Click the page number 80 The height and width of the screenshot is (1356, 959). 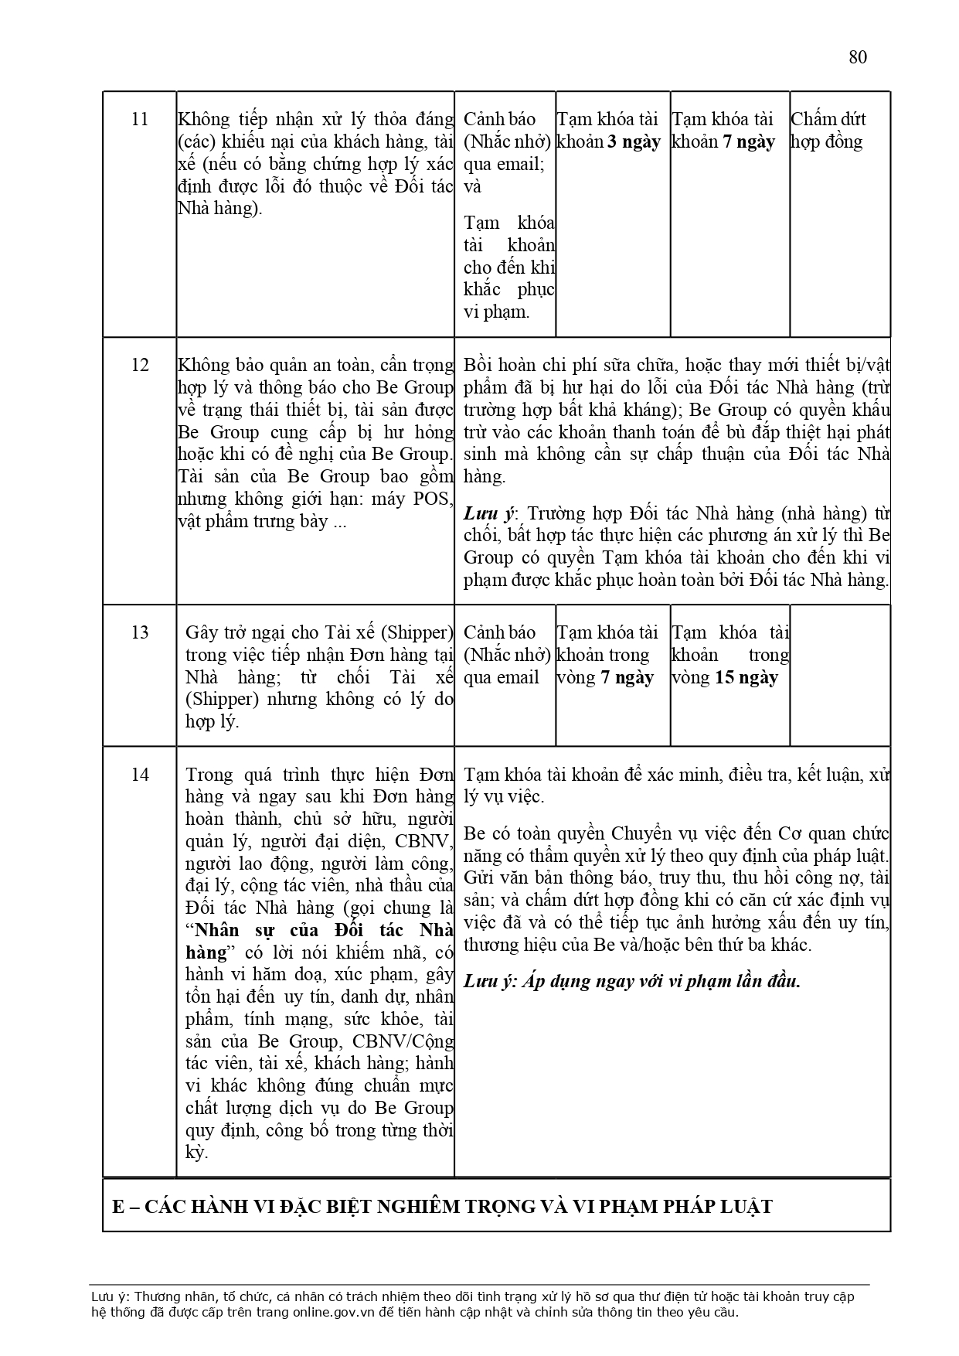point(857,57)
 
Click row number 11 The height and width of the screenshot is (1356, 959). point(140,120)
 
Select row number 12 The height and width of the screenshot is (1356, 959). point(140,365)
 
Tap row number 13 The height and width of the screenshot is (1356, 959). point(140,632)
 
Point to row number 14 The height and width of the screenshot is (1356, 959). point(140,775)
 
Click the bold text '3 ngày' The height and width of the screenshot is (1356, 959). point(634,142)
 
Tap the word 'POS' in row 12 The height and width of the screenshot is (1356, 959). point(435,499)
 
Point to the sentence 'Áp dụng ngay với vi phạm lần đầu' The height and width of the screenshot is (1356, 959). point(661,982)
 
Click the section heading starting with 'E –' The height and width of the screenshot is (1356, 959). point(442,1207)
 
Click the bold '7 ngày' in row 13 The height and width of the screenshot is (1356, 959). point(627,678)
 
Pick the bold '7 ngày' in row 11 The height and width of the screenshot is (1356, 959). point(748,142)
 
